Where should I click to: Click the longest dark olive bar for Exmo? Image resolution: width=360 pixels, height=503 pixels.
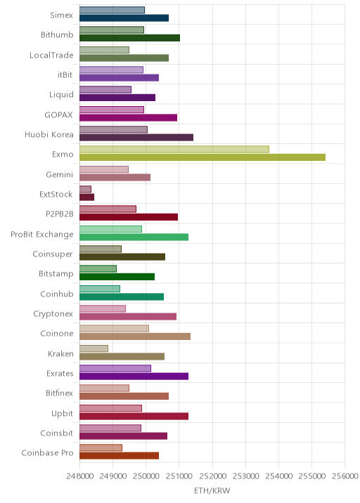[202, 157]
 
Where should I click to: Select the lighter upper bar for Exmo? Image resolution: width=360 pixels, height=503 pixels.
[174, 149]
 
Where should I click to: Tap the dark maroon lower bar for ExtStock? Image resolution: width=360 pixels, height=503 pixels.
[86, 197]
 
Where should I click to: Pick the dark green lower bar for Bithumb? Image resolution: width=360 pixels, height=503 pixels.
[130, 38]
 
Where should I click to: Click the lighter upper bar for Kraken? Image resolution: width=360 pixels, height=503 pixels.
[94, 348]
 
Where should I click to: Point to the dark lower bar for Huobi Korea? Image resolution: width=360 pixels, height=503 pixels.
[136, 137]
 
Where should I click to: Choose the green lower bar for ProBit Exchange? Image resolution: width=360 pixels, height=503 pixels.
[134, 237]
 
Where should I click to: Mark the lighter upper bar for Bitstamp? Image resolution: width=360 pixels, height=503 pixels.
[98, 269]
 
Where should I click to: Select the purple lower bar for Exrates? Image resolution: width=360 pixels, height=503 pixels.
[134, 377]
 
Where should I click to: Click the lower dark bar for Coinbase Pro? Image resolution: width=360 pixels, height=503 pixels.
[119, 455]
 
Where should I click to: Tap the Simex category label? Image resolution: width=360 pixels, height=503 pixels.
[61, 15]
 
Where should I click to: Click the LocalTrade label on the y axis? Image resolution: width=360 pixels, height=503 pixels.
[51, 55]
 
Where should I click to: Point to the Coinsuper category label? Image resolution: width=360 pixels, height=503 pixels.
[53, 254]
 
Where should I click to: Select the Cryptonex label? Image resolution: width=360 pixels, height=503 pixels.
[53, 314]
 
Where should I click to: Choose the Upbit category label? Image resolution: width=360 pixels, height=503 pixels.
[63, 413]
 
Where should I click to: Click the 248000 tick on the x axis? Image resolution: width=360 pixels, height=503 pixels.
[80, 476]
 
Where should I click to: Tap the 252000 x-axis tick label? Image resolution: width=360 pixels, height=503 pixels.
[212, 476]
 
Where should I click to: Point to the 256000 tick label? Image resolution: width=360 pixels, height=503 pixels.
[345, 476]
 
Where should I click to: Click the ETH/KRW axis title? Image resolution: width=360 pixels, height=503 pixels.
[212, 490]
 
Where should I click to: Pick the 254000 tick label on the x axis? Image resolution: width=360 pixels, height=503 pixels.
[278, 476]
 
